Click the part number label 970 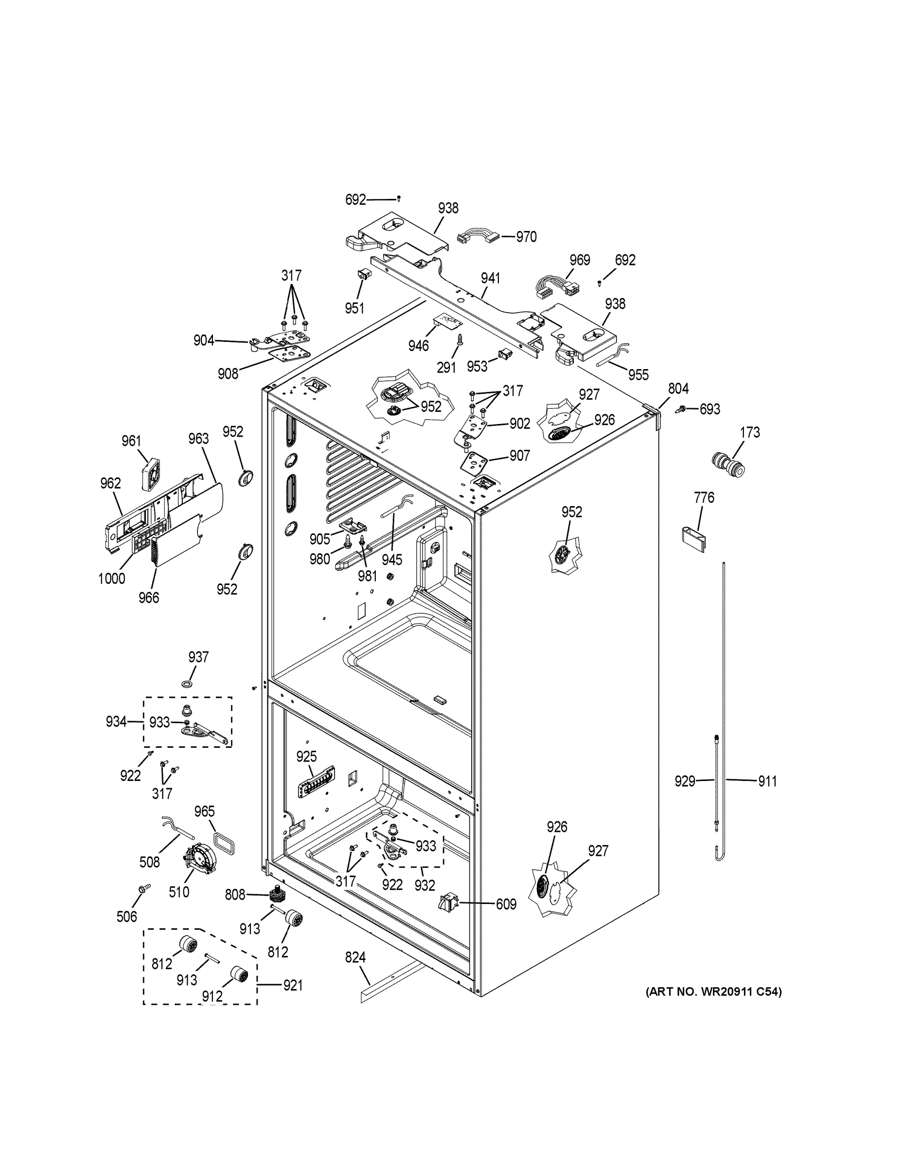coord(526,237)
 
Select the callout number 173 coord(750,432)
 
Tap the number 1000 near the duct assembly coord(111,578)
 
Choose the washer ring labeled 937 coord(188,684)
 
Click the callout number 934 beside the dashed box coord(116,722)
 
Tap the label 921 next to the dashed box coord(292,985)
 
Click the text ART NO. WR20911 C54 coord(713,992)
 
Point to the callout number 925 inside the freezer coord(307,757)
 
